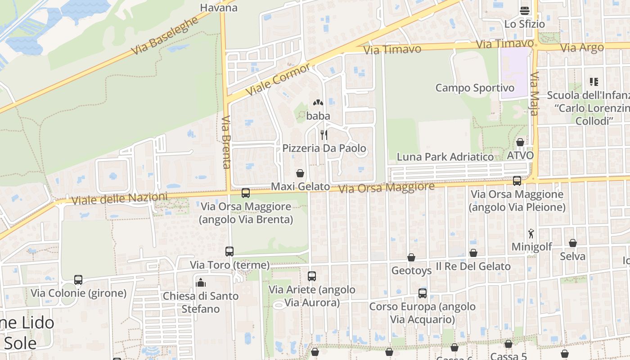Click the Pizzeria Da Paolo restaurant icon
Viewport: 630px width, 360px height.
click(324, 135)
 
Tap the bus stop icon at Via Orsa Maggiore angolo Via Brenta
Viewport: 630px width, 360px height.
click(246, 193)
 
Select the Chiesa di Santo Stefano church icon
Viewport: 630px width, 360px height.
click(201, 283)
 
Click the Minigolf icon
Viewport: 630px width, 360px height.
click(531, 234)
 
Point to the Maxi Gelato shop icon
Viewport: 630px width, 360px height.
click(300, 173)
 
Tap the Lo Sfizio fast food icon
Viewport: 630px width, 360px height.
click(524, 10)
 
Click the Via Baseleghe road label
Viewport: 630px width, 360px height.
click(165, 36)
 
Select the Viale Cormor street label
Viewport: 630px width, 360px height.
click(278, 79)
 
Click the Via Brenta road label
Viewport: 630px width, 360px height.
click(226, 142)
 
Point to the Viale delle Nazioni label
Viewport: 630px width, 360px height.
click(119, 198)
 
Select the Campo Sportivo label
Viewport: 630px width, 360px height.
click(475, 88)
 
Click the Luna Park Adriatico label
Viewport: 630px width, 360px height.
click(445, 157)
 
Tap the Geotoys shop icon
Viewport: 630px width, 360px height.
click(411, 257)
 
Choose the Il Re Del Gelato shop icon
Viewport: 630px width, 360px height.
click(473, 253)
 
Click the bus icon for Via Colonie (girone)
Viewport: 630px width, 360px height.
click(78, 280)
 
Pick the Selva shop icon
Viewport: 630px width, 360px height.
click(573, 243)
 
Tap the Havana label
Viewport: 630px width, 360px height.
click(219, 8)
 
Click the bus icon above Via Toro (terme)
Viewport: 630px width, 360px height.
click(229, 252)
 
